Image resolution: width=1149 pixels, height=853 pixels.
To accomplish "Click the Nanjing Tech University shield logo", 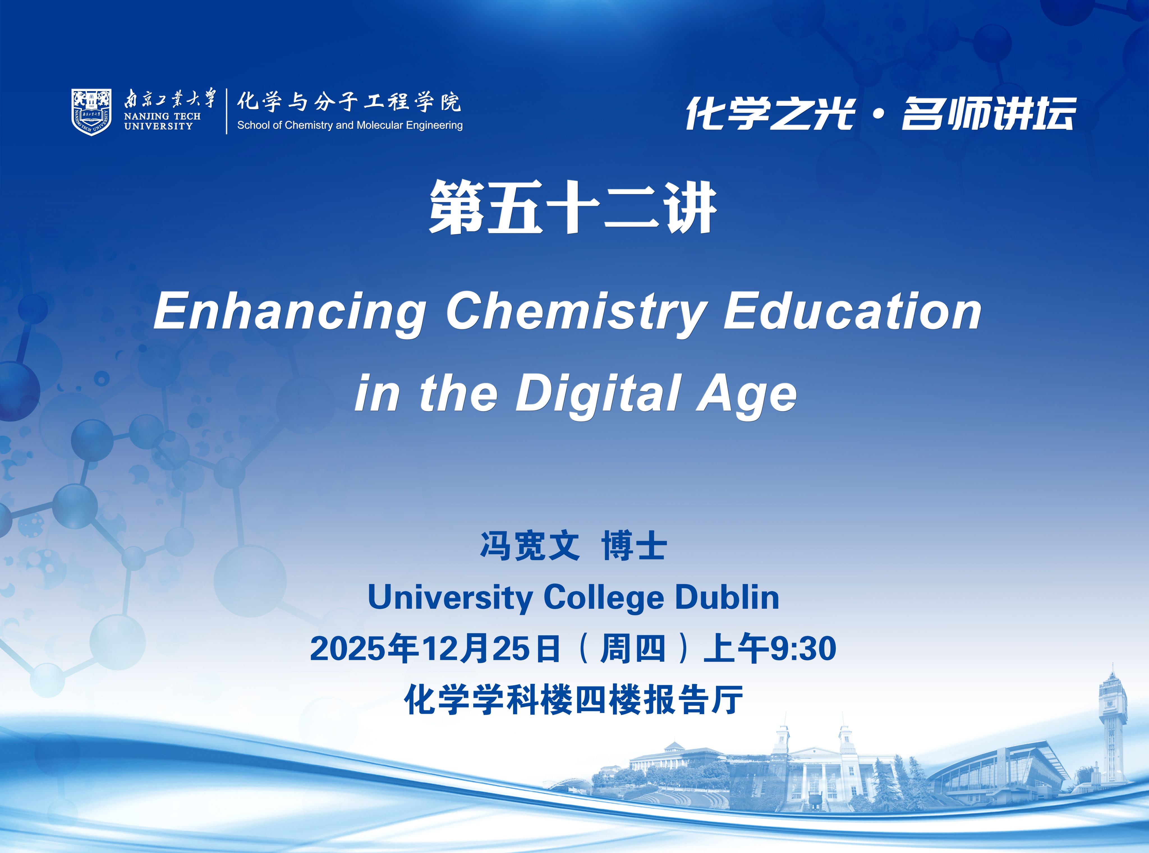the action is (x=91, y=112).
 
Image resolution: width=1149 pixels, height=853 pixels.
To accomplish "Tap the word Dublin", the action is (x=727, y=597).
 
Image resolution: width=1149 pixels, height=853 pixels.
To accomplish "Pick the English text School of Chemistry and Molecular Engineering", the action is (x=350, y=125).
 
